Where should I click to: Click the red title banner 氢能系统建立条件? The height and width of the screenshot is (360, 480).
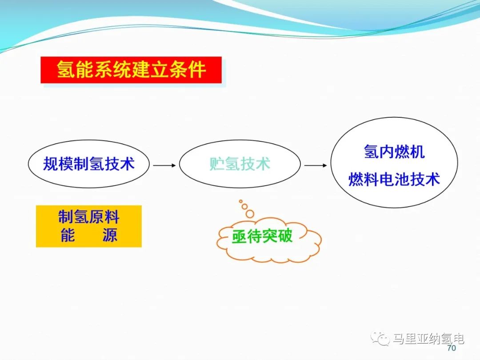(x=131, y=70)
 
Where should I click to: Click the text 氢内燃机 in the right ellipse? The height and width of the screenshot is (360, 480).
(x=394, y=152)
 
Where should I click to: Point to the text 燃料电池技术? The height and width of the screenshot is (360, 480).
(x=394, y=179)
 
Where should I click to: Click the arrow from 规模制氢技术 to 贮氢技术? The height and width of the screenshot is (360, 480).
(x=164, y=165)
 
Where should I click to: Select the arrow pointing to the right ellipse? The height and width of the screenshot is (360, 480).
(x=316, y=165)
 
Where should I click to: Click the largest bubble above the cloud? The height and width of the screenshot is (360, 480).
(x=250, y=214)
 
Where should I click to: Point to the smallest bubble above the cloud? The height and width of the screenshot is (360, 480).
(x=240, y=201)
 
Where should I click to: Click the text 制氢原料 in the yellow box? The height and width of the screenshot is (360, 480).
(x=88, y=217)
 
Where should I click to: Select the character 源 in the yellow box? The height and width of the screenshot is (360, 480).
(x=110, y=235)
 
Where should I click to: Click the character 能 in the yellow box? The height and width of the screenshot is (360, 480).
(x=68, y=235)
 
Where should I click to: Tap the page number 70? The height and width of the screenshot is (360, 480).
(x=452, y=348)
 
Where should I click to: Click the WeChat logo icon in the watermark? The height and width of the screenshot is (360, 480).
(x=380, y=339)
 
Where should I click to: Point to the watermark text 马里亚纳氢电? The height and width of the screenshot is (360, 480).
(x=428, y=339)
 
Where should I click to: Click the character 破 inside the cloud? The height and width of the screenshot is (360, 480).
(x=285, y=236)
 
